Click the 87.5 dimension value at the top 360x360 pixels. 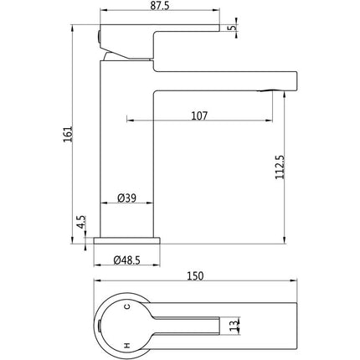click(160, 6)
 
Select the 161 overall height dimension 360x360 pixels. click(68, 134)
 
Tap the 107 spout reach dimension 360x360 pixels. click(199, 116)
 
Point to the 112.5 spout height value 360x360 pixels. click(280, 167)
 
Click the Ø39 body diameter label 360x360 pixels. click(127, 198)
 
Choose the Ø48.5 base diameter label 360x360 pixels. click(127, 260)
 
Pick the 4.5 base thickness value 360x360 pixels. click(81, 222)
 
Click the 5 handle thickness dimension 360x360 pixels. click(233, 28)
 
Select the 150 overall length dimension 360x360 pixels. click(195, 276)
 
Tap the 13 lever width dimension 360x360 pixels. click(235, 325)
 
